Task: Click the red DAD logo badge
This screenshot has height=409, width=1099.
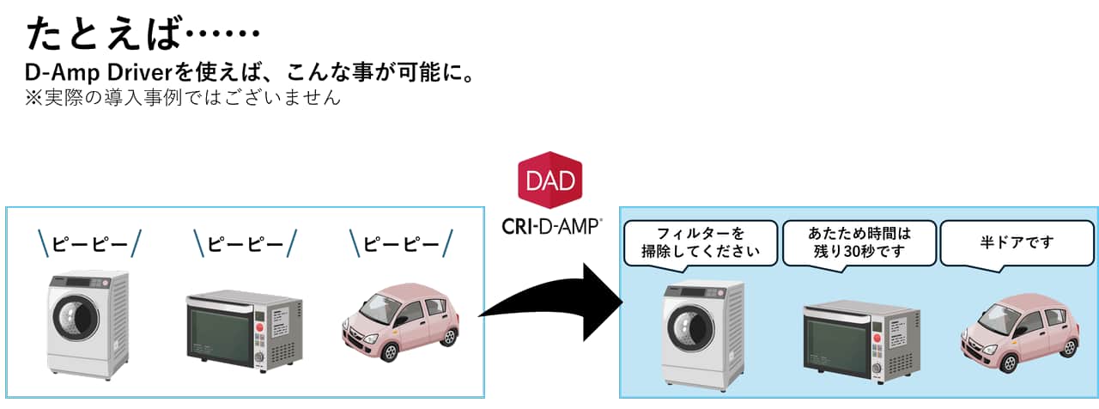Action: [x=551, y=180]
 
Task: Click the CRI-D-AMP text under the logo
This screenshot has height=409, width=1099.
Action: [x=551, y=226]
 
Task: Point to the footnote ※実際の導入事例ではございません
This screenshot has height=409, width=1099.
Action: [x=184, y=97]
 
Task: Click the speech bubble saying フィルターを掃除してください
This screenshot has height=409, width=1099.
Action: [x=700, y=242]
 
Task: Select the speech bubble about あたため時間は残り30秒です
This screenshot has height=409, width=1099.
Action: [x=859, y=242]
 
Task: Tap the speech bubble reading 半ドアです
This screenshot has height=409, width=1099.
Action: [x=1017, y=242]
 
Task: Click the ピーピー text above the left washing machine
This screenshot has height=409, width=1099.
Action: [x=89, y=243]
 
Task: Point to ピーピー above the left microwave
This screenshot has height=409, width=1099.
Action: [x=246, y=243]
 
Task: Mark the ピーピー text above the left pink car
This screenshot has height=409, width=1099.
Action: [x=402, y=243]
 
